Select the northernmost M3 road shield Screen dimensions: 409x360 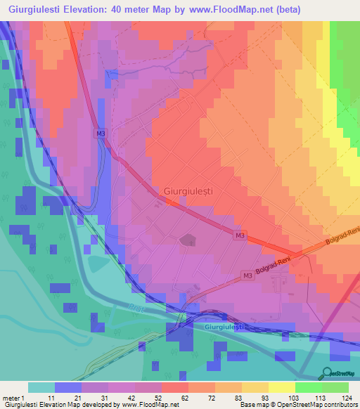click(101, 133)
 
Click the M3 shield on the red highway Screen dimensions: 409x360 click(240, 235)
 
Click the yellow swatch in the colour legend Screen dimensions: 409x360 click(281, 387)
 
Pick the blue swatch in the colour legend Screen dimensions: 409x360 click(68, 387)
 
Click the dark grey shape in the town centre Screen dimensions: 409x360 click(187, 241)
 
